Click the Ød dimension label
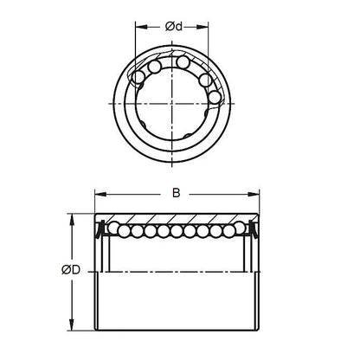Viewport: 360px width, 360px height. click(173, 27)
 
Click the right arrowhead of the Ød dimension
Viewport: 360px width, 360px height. click(208, 27)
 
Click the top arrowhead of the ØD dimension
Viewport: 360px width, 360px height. click(67, 215)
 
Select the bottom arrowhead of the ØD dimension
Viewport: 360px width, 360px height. click(67, 326)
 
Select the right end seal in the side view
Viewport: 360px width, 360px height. click(253, 230)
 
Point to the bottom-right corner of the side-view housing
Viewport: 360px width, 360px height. click(258, 325)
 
